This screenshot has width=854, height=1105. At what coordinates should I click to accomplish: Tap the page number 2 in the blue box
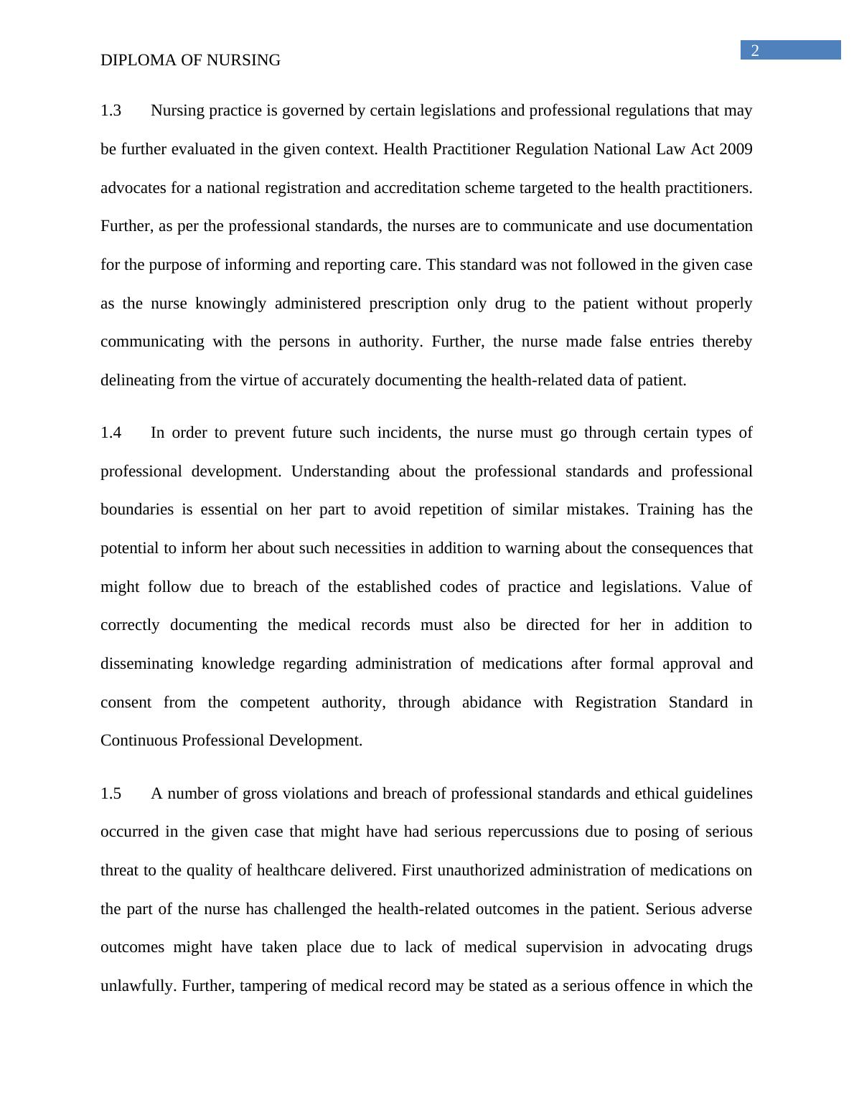pos(755,50)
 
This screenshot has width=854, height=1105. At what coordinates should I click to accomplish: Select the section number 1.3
pos(111,110)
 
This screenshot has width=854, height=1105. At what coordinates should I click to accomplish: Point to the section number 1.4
pos(111,433)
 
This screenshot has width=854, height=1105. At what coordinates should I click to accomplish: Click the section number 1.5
pos(111,794)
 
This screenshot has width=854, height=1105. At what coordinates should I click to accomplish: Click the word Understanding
pos(340,471)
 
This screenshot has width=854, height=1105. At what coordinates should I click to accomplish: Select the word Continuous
pos(139,740)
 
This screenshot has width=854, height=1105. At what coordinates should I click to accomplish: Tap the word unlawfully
pos(138,986)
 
